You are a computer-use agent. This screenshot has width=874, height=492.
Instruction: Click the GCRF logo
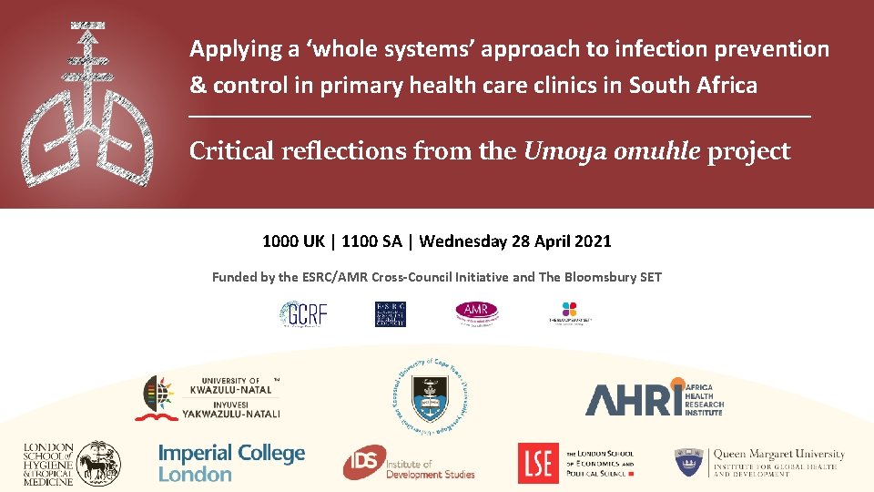(x=302, y=314)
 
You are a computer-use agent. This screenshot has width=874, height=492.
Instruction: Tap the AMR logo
(x=477, y=313)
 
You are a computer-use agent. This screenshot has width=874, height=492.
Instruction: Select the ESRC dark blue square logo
(x=391, y=314)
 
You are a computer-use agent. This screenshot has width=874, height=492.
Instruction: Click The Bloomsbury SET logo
(x=570, y=313)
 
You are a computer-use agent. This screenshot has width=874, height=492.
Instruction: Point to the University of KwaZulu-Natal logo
(x=208, y=398)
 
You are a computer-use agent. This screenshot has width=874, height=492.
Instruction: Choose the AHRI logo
(x=654, y=398)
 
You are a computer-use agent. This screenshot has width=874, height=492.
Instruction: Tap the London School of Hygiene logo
(x=71, y=462)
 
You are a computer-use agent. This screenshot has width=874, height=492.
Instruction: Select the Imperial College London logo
(x=231, y=463)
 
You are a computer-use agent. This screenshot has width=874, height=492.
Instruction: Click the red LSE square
(x=538, y=463)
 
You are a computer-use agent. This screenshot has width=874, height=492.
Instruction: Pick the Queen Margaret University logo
(x=759, y=462)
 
